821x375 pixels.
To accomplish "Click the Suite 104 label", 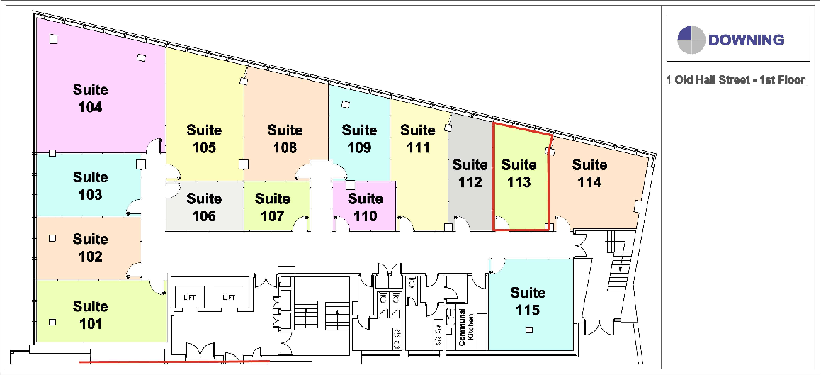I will tap(91, 99).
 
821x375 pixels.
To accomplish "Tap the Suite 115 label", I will tap(528, 301).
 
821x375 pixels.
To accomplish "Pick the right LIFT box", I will tap(229, 297).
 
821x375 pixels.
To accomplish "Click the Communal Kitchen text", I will tap(465, 328).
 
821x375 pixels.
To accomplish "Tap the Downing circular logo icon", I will tap(691, 40).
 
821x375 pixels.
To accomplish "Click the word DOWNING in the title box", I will tap(746, 40).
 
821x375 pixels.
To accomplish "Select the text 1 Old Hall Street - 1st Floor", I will tap(735, 80).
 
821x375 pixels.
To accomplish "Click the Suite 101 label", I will tap(91, 315).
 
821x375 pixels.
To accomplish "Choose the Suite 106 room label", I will tap(204, 207).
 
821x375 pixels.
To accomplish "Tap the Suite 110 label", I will tap(366, 207).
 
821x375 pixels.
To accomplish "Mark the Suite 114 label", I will tap(589, 174).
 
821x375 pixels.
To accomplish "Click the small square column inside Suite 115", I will tap(528, 329).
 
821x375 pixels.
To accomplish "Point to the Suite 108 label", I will tap(285, 139).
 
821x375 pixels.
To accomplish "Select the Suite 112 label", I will tap(470, 174).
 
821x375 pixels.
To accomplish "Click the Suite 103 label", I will tap(90, 186).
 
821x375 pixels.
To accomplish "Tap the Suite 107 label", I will tap(273, 207).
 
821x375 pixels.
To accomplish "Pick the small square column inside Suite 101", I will tap(52, 323).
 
